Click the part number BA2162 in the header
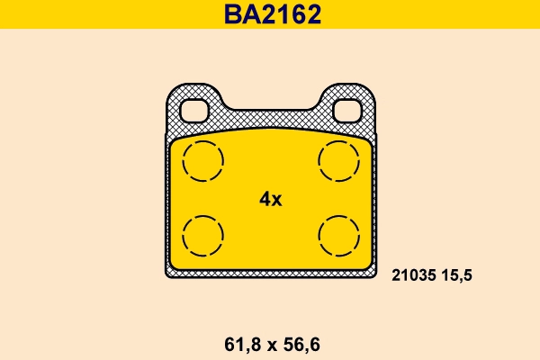click(270, 14)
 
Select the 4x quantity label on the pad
click(270, 199)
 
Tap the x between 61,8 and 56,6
click(269, 343)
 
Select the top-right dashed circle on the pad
click(338, 162)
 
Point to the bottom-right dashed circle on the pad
click(338, 237)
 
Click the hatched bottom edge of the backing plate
click(270, 273)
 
